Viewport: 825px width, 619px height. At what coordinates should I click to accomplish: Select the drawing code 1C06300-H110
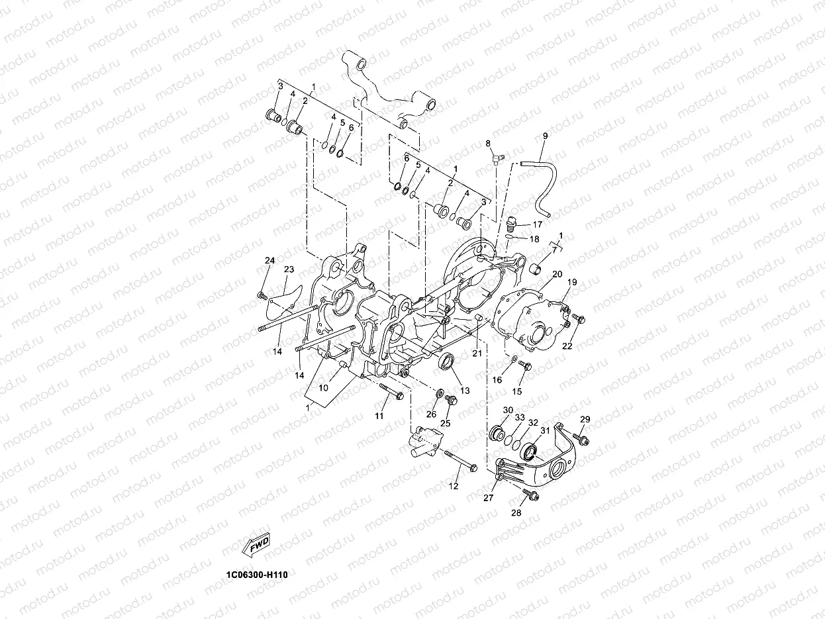(x=256, y=574)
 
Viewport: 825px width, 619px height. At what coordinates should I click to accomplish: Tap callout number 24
(x=269, y=260)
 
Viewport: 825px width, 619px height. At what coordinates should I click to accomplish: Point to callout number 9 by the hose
(x=545, y=136)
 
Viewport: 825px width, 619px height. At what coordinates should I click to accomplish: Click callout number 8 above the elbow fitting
(x=488, y=144)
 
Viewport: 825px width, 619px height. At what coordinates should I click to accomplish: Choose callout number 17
(x=537, y=224)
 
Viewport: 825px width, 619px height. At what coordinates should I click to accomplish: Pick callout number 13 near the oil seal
(x=465, y=391)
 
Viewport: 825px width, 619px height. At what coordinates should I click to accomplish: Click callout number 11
(x=379, y=416)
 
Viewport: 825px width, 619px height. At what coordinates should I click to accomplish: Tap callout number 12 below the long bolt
(x=454, y=486)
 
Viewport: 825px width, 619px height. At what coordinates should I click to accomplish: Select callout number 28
(x=516, y=512)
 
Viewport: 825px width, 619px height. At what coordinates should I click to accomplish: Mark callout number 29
(x=585, y=420)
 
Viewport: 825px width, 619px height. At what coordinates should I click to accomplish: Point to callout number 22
(x=567, y=346)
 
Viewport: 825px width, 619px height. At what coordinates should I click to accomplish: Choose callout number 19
(x=572, y=282)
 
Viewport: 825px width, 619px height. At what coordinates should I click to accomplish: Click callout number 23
(x=289, y=269)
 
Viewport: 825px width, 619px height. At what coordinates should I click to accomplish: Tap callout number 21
(x=477, y=354)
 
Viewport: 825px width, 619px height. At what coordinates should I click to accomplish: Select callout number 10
(x=324, y=387)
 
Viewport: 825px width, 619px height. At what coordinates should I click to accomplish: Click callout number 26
(x=431, y=414)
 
